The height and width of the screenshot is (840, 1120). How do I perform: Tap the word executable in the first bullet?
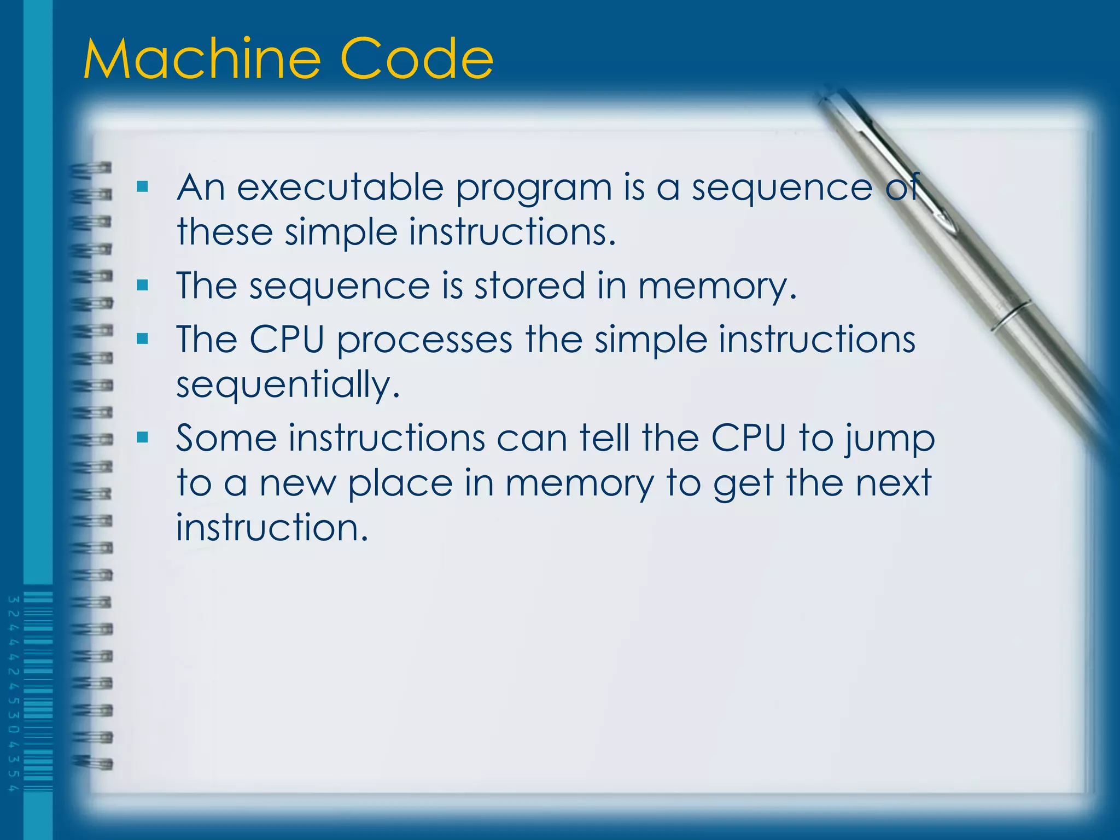[340, 188]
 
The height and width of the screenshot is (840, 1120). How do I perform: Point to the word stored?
[529, 285]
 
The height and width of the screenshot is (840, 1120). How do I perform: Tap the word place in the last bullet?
[400, 485]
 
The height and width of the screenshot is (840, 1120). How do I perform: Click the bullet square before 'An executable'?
[143, 188]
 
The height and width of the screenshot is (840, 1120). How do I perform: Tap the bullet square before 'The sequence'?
[143, 285]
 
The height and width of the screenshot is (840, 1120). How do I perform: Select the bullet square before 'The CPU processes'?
[143, 339]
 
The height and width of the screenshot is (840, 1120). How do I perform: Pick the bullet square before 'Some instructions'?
[143, 437]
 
